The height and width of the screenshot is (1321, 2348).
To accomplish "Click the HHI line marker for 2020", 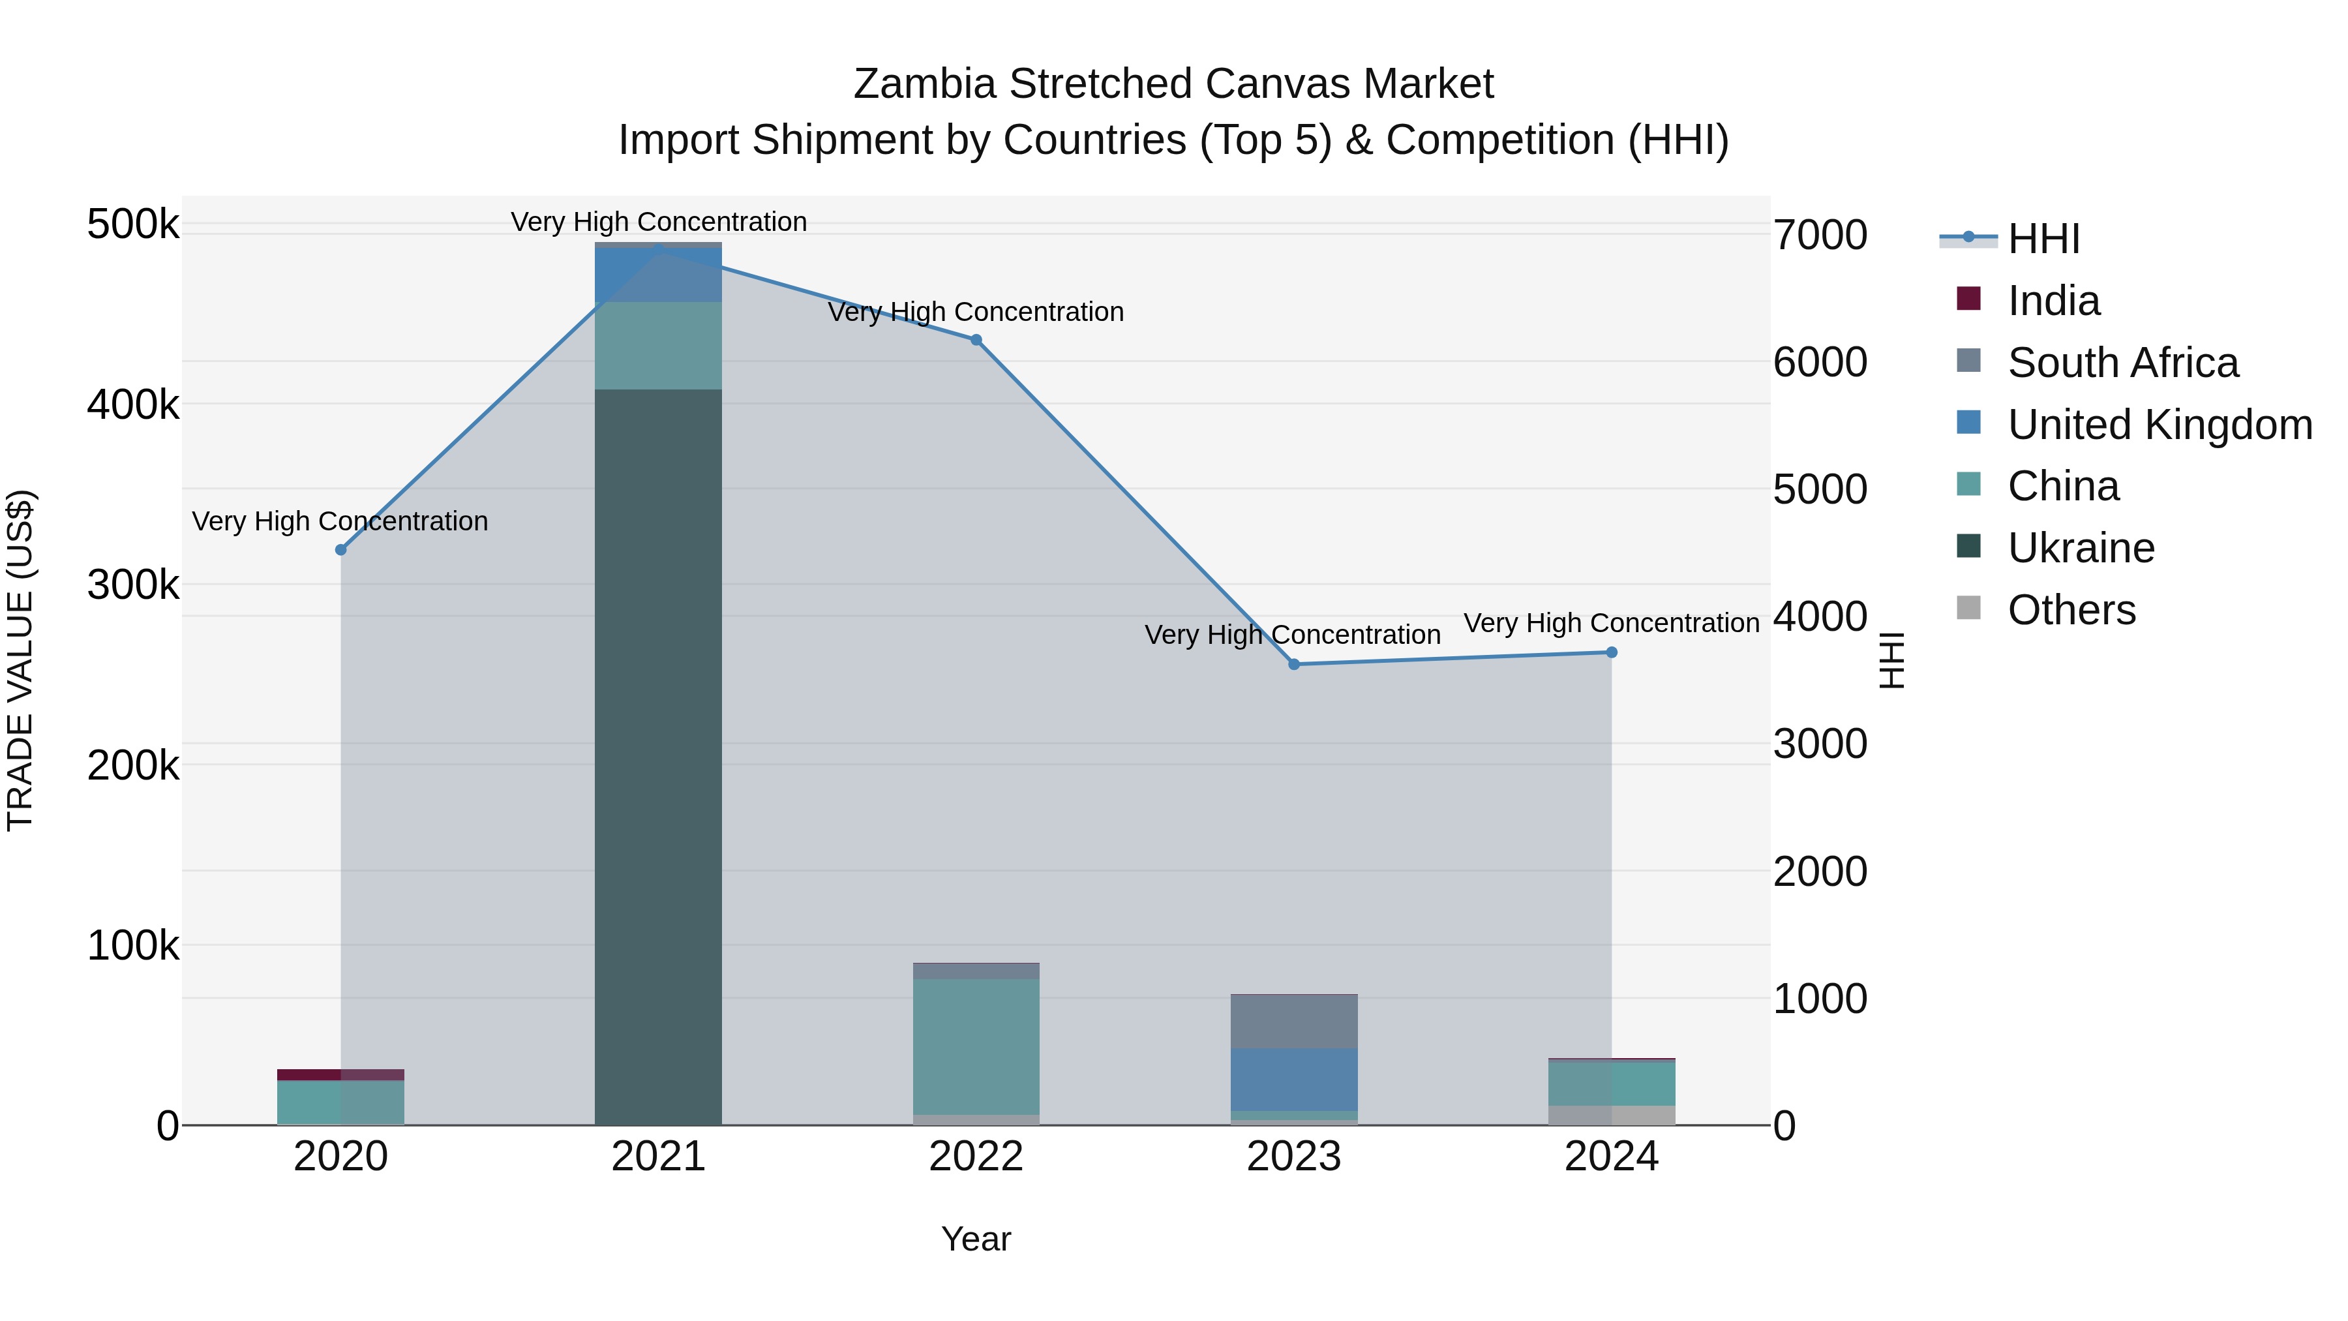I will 341,550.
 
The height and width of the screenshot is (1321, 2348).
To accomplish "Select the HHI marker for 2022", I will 975,340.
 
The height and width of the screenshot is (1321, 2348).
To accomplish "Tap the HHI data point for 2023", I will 1293,665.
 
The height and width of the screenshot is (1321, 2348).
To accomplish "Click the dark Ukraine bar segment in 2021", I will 658,757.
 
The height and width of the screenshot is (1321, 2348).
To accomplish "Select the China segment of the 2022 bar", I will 975,1046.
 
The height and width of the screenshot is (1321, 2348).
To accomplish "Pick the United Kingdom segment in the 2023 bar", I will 1293,1080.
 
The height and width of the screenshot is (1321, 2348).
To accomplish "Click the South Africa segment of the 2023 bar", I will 1293,1021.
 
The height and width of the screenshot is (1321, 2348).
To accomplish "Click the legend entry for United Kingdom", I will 2158,425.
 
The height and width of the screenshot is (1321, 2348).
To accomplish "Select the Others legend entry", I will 2071,610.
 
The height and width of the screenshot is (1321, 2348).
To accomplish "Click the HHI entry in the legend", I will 2043,239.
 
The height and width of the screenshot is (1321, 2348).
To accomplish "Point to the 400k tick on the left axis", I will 133,404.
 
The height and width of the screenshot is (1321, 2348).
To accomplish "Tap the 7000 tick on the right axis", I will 1819,235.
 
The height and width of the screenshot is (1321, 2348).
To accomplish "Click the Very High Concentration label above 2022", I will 975,312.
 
